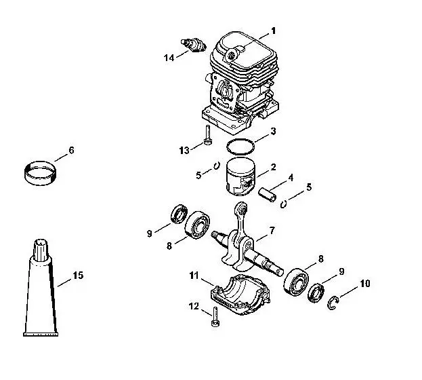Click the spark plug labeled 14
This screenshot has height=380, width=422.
[193, 45]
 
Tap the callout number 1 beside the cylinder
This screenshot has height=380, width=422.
[273, 31]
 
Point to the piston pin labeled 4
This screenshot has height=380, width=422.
[268, 195]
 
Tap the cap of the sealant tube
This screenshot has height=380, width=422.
[41, 250]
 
